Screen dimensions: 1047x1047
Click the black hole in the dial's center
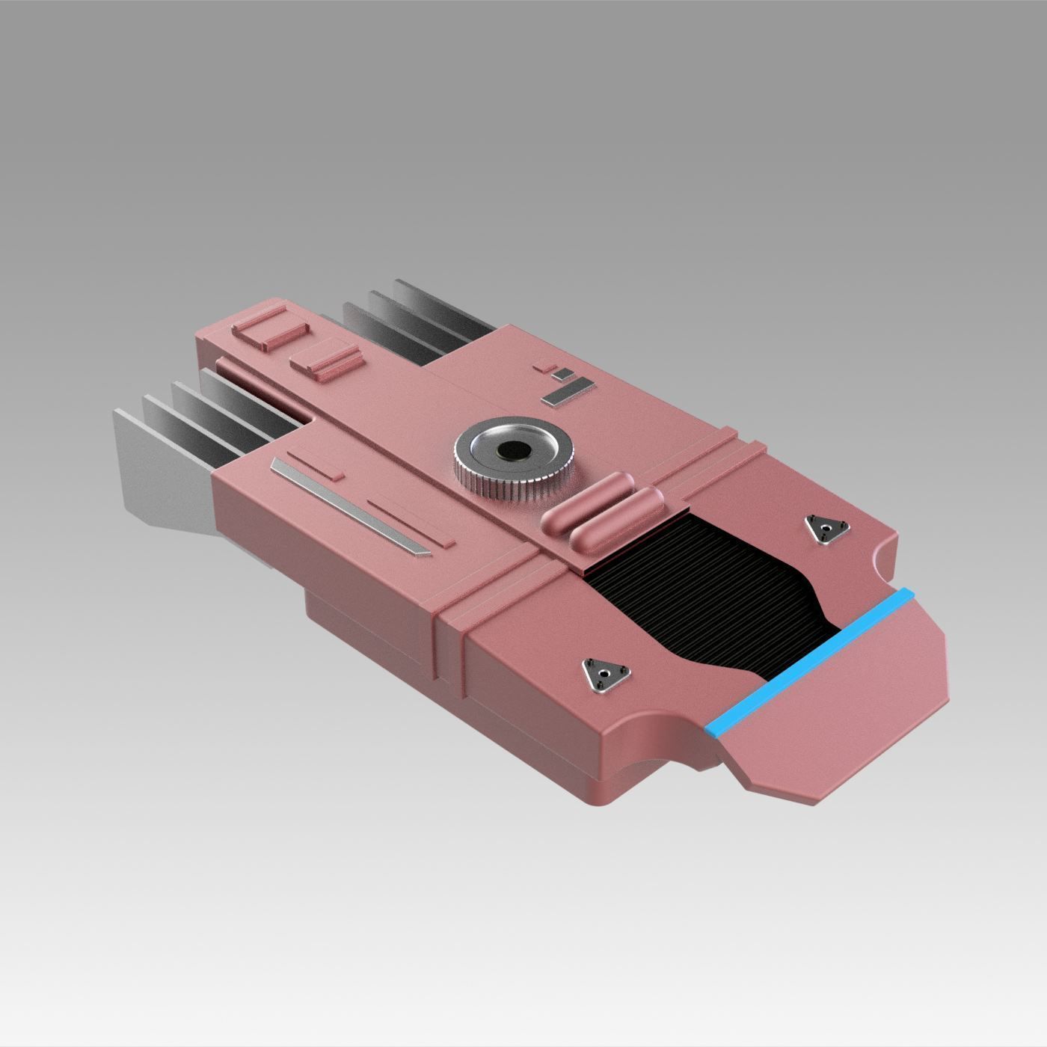514,450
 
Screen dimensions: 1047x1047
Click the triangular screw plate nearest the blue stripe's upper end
824,528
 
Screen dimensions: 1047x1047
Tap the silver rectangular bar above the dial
570,390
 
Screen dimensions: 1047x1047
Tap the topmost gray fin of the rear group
441,307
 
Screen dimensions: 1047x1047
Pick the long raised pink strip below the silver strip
411,521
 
